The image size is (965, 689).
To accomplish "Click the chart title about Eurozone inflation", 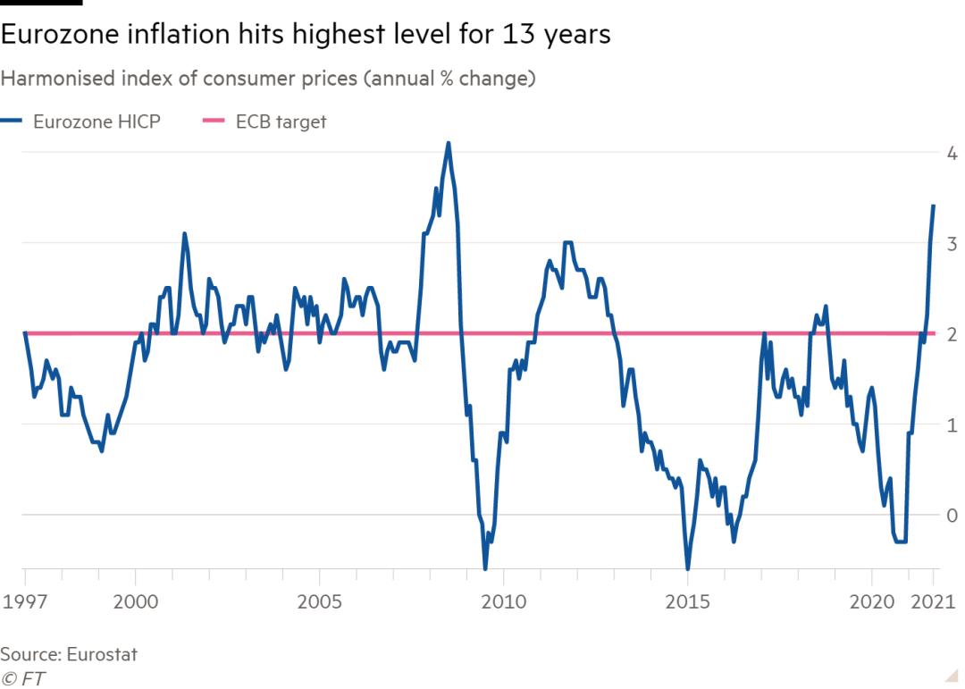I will pyautogui.click(x=306, y=35).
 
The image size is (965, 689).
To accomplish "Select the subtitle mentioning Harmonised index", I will pyautogui.click(x=268, y=79).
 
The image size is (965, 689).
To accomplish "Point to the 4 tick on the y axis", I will pyautogui.click(x=952, y=152).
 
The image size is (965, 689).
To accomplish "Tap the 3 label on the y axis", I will pyautogui.click(x=952, y=243).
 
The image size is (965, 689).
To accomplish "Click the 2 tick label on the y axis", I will pyautogui.click(x=952, y=333).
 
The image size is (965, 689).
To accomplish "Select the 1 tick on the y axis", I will pyautogui.click(x=952, y=424).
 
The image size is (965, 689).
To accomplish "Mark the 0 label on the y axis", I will pyautogui.click(x=952, y=515).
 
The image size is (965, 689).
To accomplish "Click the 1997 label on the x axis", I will pyautogui.click(x=25, y=601).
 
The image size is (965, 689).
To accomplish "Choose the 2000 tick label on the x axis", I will pyautogui.click(x=136, y=601).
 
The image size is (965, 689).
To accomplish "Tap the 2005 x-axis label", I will pyautogui.click(x=319, y=601).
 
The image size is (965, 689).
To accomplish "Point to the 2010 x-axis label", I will pyautogui.click(x=503, y=601).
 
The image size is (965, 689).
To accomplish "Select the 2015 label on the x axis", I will pyautogui.click(x=687, y=601).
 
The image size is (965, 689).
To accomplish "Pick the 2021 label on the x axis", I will pyautogui.click(x=933, y=601).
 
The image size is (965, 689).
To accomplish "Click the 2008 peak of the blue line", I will pyautogui.click(x=448, y=143).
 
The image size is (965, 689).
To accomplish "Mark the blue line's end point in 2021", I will pyautogui.click(x=933, y=206).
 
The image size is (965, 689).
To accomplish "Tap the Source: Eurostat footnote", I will pyautogui.click(x=69, y=654).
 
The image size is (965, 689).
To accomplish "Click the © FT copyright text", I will pyautogui.click(x=23, y=678).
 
